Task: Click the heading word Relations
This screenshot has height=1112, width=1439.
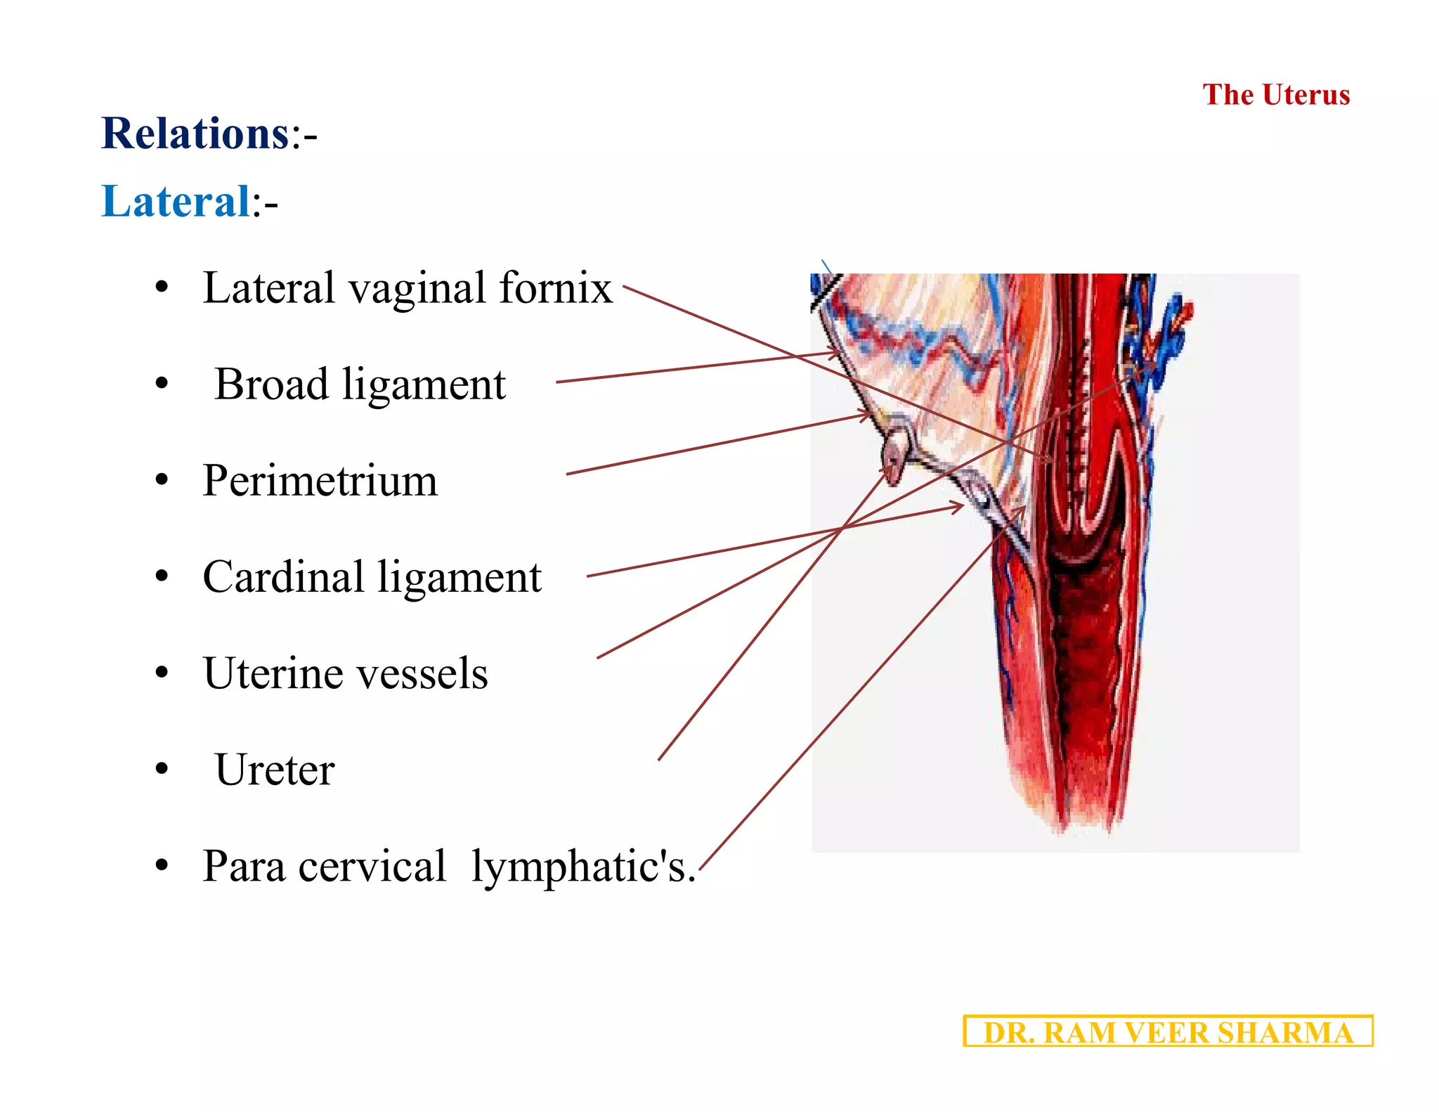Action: [195, 134]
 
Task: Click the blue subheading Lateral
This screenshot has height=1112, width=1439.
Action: [176, 201]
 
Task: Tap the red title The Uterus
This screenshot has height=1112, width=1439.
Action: [1276, 95]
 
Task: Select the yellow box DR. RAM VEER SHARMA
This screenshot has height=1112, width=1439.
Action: [1168, 1032]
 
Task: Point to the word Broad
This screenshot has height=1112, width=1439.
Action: [271, 384]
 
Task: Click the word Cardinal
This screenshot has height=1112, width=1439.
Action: [282, 577]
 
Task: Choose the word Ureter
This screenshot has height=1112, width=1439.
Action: [275, 770]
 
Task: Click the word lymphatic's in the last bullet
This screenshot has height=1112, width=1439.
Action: [583, 866]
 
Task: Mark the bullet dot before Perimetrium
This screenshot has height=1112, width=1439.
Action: [162, 481]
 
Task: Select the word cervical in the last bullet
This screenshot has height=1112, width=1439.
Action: [372, 866]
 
